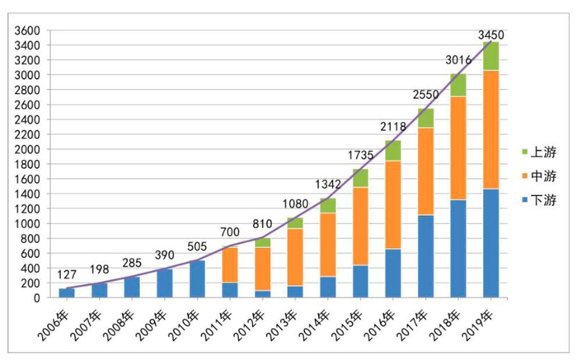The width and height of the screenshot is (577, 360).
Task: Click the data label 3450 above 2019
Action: [492, 35]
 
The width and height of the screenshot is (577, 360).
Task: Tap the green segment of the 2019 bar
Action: [491, 56]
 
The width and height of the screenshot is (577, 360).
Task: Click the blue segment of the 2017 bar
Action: [426, 255]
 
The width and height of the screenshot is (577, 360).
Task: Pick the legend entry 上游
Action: [537, 152]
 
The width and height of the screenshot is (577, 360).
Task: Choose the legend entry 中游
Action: [537, 175]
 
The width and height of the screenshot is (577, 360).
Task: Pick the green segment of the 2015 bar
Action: [361, 178]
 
